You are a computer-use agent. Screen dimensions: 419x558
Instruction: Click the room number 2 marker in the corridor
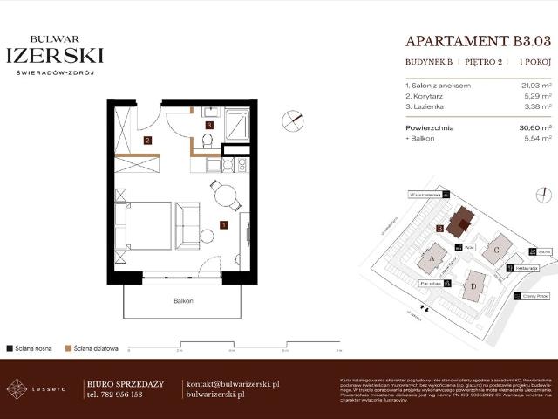click(148, 140)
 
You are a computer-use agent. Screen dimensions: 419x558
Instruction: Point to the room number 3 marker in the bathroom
click(209, 126)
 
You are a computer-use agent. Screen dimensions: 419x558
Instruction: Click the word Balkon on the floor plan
click(182, 300)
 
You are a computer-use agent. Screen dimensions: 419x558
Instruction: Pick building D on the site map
click(473, 285)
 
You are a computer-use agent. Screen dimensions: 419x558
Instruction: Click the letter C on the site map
click(496, 250)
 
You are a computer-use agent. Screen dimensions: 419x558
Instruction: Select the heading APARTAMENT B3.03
click(479, 40)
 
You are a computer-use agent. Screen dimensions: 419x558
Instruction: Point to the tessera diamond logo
click(16, 388)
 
